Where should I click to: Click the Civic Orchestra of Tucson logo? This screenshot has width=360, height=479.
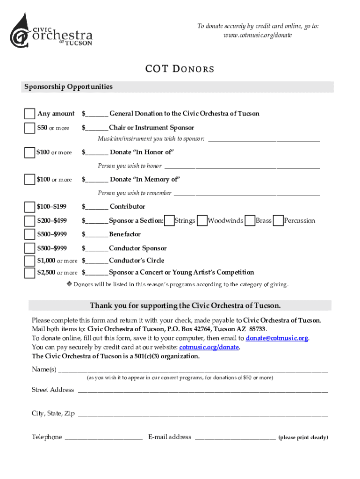51,30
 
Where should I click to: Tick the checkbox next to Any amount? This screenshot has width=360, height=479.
29,114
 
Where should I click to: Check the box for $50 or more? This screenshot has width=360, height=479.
29,128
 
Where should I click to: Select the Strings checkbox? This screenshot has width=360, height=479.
169,220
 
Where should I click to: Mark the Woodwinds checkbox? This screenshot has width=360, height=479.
202,220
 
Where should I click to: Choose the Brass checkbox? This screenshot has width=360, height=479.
250,220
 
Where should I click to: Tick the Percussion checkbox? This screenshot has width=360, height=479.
278,220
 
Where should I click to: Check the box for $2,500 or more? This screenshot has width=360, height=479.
29,273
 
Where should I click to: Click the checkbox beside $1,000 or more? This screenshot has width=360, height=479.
29,261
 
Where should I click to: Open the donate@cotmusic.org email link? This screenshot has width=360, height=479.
277,338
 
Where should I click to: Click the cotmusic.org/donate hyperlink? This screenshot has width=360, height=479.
209,347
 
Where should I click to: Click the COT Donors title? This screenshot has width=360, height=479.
180,69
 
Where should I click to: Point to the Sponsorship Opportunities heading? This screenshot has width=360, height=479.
68,87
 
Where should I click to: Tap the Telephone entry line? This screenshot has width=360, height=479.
103,438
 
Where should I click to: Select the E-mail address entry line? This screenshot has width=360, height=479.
235,438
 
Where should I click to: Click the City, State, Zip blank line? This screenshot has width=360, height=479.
202,415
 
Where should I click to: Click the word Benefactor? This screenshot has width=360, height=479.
125,234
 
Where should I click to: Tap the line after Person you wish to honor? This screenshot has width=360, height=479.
242,167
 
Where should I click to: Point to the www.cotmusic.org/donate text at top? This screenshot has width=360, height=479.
258,36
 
